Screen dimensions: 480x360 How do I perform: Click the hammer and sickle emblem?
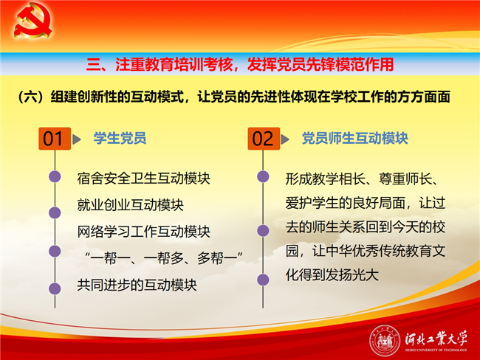point(32,20)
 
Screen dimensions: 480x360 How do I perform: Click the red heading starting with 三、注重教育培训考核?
point(240,64)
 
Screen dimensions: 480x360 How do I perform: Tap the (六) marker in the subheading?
point(32,97)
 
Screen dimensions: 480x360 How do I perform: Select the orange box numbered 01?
point(55,139)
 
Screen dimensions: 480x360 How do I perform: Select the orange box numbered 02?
point(264,139)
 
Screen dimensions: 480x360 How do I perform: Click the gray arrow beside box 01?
point(77,139)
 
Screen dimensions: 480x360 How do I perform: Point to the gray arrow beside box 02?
point(285,139)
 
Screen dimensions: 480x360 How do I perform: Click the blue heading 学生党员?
point(120,138)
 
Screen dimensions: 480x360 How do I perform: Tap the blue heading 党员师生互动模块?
point(354,138)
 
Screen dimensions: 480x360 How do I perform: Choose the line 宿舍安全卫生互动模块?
point(143,179)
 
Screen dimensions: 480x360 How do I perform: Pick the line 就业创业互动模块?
point(130,205)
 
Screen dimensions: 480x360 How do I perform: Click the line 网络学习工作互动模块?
point(143,232)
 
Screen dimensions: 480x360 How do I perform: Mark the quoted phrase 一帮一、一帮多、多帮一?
point(164,258)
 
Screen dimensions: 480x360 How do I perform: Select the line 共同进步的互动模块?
point(137,285)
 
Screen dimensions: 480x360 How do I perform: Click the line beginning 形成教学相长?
point(362,179)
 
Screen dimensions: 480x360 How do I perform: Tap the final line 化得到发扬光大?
point(332,274)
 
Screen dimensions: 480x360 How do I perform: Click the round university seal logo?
point(385,340)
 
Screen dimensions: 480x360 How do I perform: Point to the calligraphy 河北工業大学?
point(436,339)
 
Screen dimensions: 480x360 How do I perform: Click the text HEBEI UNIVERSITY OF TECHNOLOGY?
point(436,350)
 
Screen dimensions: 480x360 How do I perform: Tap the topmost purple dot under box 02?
point(263,176)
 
